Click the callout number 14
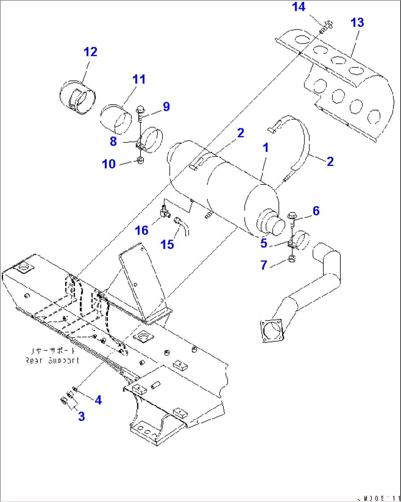pos(298,7)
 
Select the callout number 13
pos(357,22)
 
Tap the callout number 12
pos(90,52)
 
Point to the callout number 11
pos(139,79)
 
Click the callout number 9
pos(166,106)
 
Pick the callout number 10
pos(109,164)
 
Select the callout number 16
pos(142,231)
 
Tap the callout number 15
pos(167,244)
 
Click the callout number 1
pos(265,148)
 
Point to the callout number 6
pos(316,211)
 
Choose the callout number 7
pos(264,265)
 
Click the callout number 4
pos(98,400)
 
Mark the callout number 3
pos(81,416)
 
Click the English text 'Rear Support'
pos(52,361)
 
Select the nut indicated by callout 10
pos(140,161)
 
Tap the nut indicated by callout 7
pos(292,259)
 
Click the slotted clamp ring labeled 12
pos(78,98)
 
